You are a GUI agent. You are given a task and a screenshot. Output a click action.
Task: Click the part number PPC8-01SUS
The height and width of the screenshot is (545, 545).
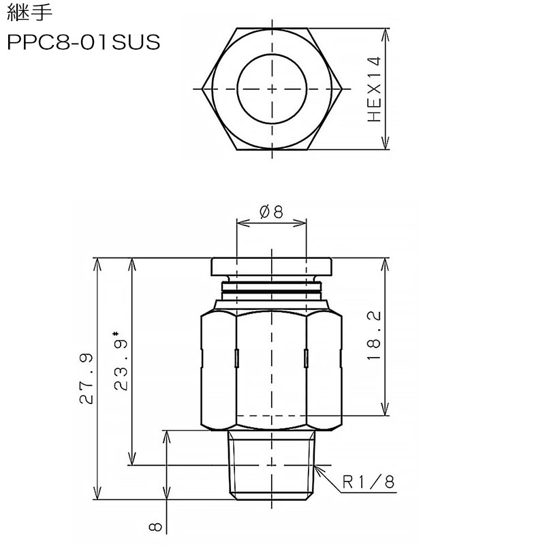click(x=83, y=42)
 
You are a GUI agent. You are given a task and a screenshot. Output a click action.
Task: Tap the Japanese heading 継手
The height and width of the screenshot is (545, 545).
click(x=29, y=12)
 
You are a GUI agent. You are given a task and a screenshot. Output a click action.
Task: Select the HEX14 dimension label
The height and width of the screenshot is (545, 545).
click(x=374, y=89)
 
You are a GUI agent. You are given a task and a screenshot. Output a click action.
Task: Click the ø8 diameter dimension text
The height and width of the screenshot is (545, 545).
click(x=271, y=211)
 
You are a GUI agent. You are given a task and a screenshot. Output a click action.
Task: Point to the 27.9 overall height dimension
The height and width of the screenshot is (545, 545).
click(x=87, y=379)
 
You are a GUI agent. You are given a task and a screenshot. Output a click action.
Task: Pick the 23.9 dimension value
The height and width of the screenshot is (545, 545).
click(x=121, y=364)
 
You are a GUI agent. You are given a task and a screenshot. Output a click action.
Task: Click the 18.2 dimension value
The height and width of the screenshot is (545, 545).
click(x=374, y=335)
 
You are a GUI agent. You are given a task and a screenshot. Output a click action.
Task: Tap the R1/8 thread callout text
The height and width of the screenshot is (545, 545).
click(x=369, y=482)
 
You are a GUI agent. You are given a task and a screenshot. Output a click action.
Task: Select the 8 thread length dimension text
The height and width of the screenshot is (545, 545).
click(x=155, y=527)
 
